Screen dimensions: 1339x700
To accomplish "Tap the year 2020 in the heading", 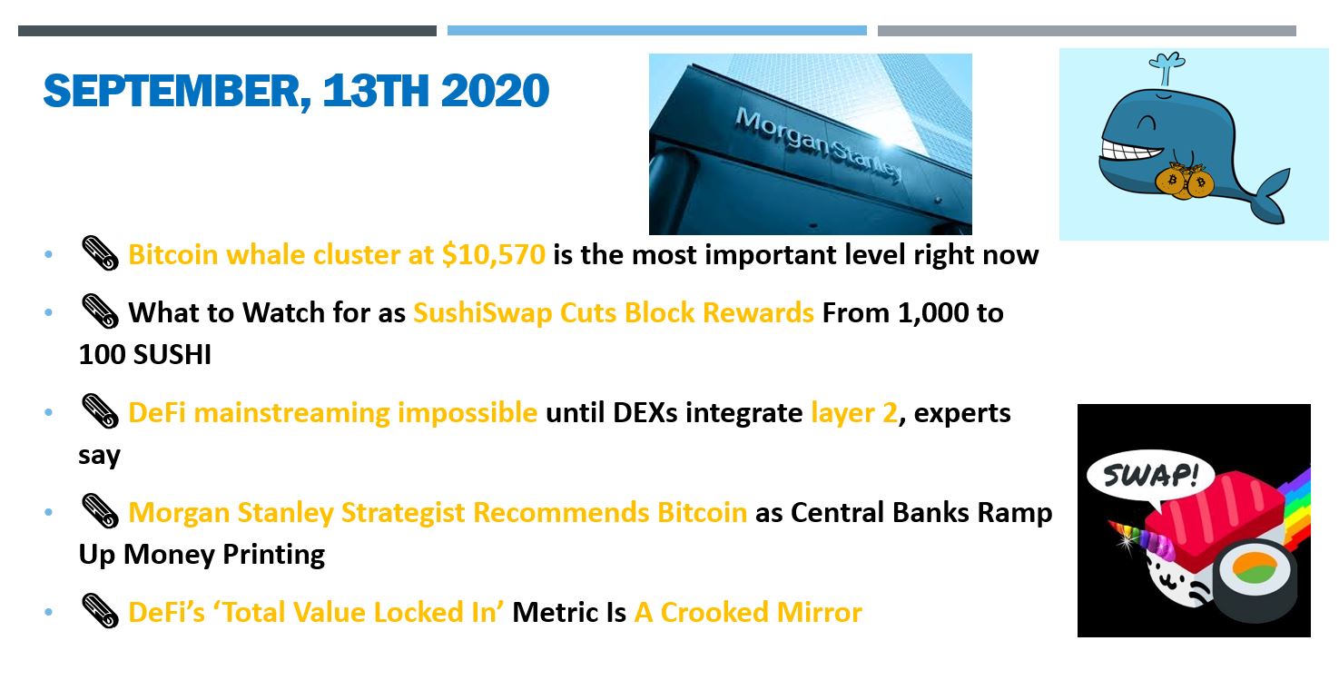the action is click(x=495, y=91).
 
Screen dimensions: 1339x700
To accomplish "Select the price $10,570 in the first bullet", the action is click(x=494, y=255).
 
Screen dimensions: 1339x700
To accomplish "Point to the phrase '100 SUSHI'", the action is click(x=145, y=354).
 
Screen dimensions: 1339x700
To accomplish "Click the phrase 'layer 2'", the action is click(x=854, y=413).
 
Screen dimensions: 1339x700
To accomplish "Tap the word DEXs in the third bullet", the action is click(x=645, y=413).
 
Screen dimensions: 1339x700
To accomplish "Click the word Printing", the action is click(x=274, y=555).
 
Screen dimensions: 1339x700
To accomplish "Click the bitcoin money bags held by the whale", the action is click(x=1184, y=181).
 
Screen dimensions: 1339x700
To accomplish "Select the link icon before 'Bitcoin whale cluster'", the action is click(x=100, y=253).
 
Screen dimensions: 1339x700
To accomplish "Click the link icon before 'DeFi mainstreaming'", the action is click(x=100, y=411).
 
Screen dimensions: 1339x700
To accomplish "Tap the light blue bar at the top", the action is click(x=657, y=31).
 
